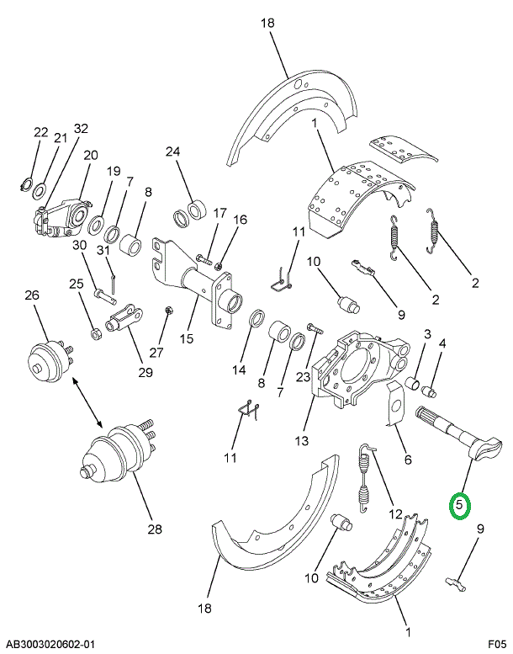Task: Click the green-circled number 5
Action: [461, 506]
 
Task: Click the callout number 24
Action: [172, 152]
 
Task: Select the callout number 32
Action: [81, 129]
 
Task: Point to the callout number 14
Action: [240, 370]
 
